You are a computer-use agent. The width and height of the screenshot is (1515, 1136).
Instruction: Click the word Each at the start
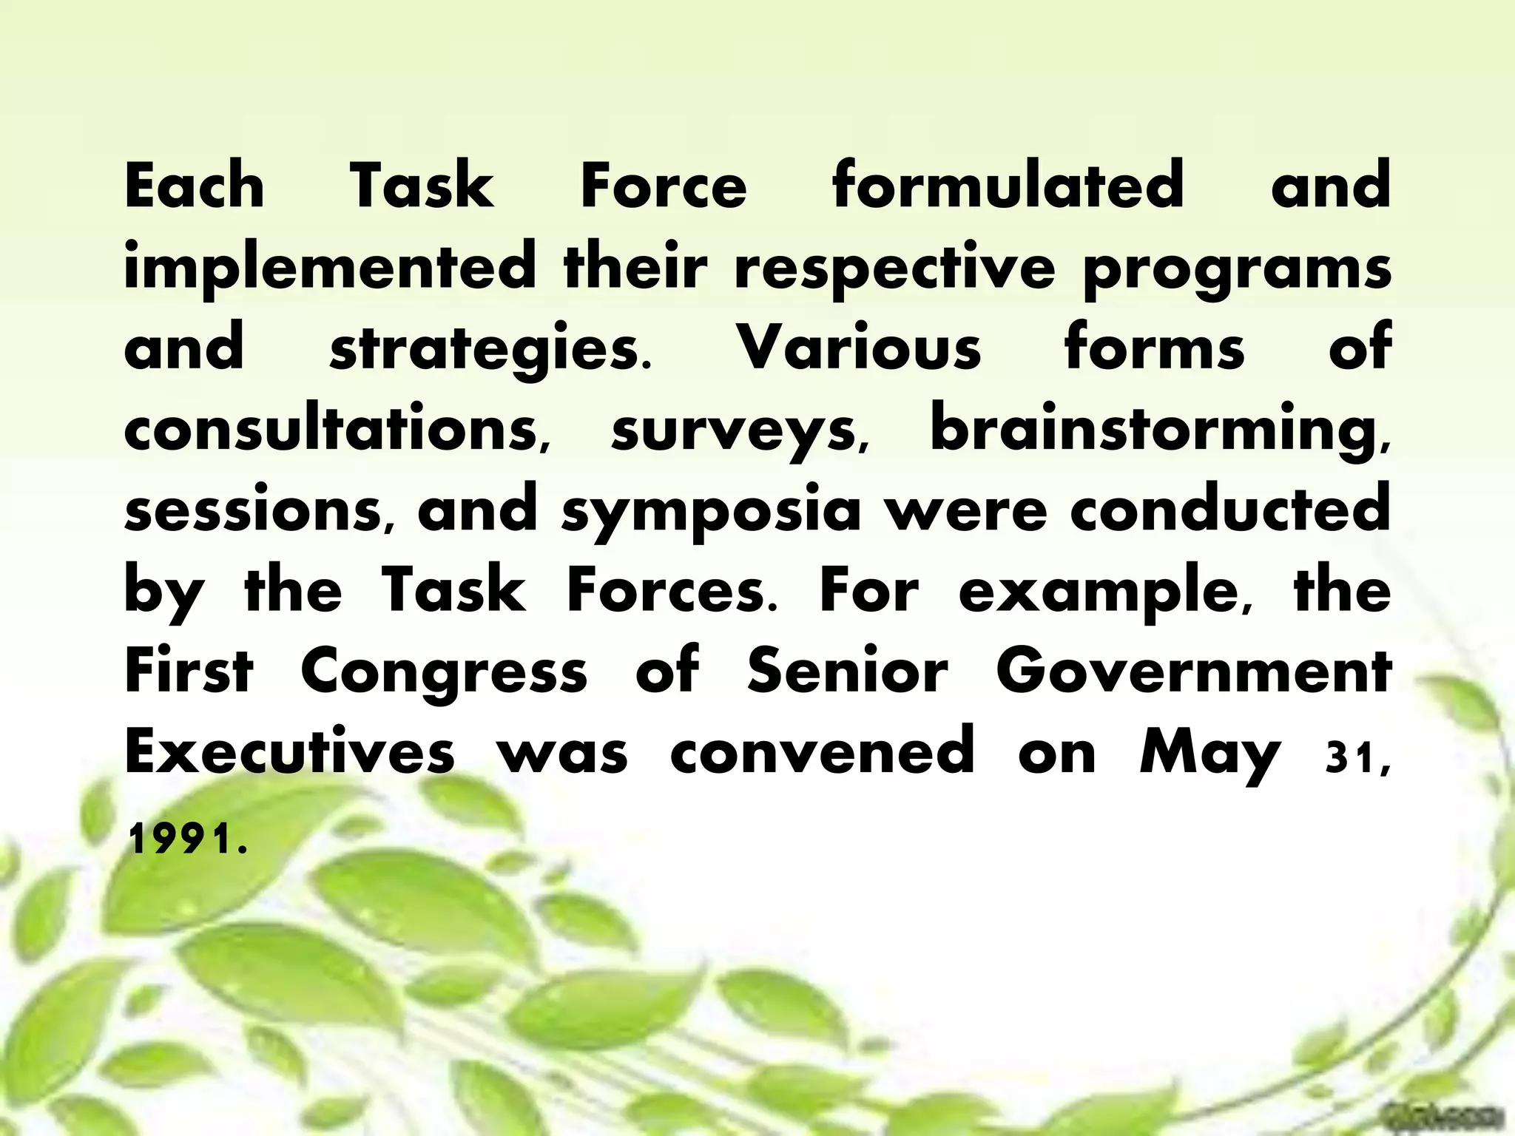click(x=195, y=186)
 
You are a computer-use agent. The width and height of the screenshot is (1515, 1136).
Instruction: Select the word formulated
click(x=1008, y=186)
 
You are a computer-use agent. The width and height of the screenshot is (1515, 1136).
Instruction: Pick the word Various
click(x=861, y=348)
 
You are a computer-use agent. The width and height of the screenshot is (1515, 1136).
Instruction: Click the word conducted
click(x=1229, y=510)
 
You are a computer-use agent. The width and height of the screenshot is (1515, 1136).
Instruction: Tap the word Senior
click(x=847, y=671)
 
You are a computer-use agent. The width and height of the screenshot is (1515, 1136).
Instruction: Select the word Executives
click(x=289, y=751)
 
